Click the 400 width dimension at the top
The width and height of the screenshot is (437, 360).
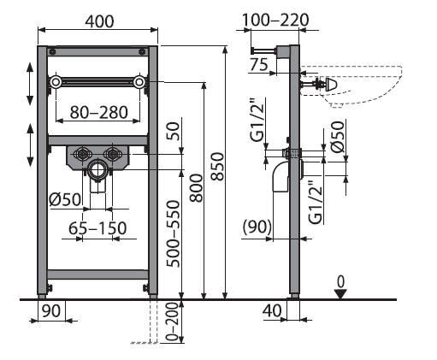coord(99,21)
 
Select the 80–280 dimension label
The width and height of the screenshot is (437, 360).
coord(99,112)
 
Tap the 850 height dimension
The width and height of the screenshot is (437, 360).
coord(217,167)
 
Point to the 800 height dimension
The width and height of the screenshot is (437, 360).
coord(197,188)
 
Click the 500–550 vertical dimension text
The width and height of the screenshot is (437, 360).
coord(174,233)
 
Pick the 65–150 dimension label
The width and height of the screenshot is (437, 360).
coord(97,228)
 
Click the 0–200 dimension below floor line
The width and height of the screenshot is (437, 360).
coord(172,322)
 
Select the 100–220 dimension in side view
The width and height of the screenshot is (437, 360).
coord(275,21)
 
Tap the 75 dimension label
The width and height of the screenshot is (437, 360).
coord(259,64)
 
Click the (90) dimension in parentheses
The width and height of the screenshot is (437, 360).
coord(257,227)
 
